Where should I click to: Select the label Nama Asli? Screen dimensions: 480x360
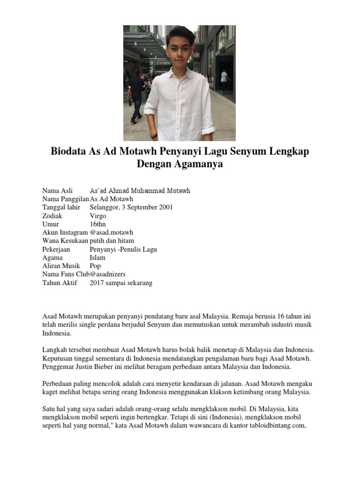point(58,191)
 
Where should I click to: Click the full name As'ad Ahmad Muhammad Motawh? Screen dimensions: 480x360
point(140,191)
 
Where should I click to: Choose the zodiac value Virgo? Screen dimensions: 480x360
point(98,216)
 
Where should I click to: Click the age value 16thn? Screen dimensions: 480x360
point(98,225)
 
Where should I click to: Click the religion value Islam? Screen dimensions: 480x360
point(97,258)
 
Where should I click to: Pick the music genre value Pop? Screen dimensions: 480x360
point(95,266)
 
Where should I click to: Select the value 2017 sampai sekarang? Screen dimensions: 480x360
point(121,283)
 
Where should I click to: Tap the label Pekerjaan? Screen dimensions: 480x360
point(58,249)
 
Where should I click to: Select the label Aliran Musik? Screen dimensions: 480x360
point(61,266)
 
